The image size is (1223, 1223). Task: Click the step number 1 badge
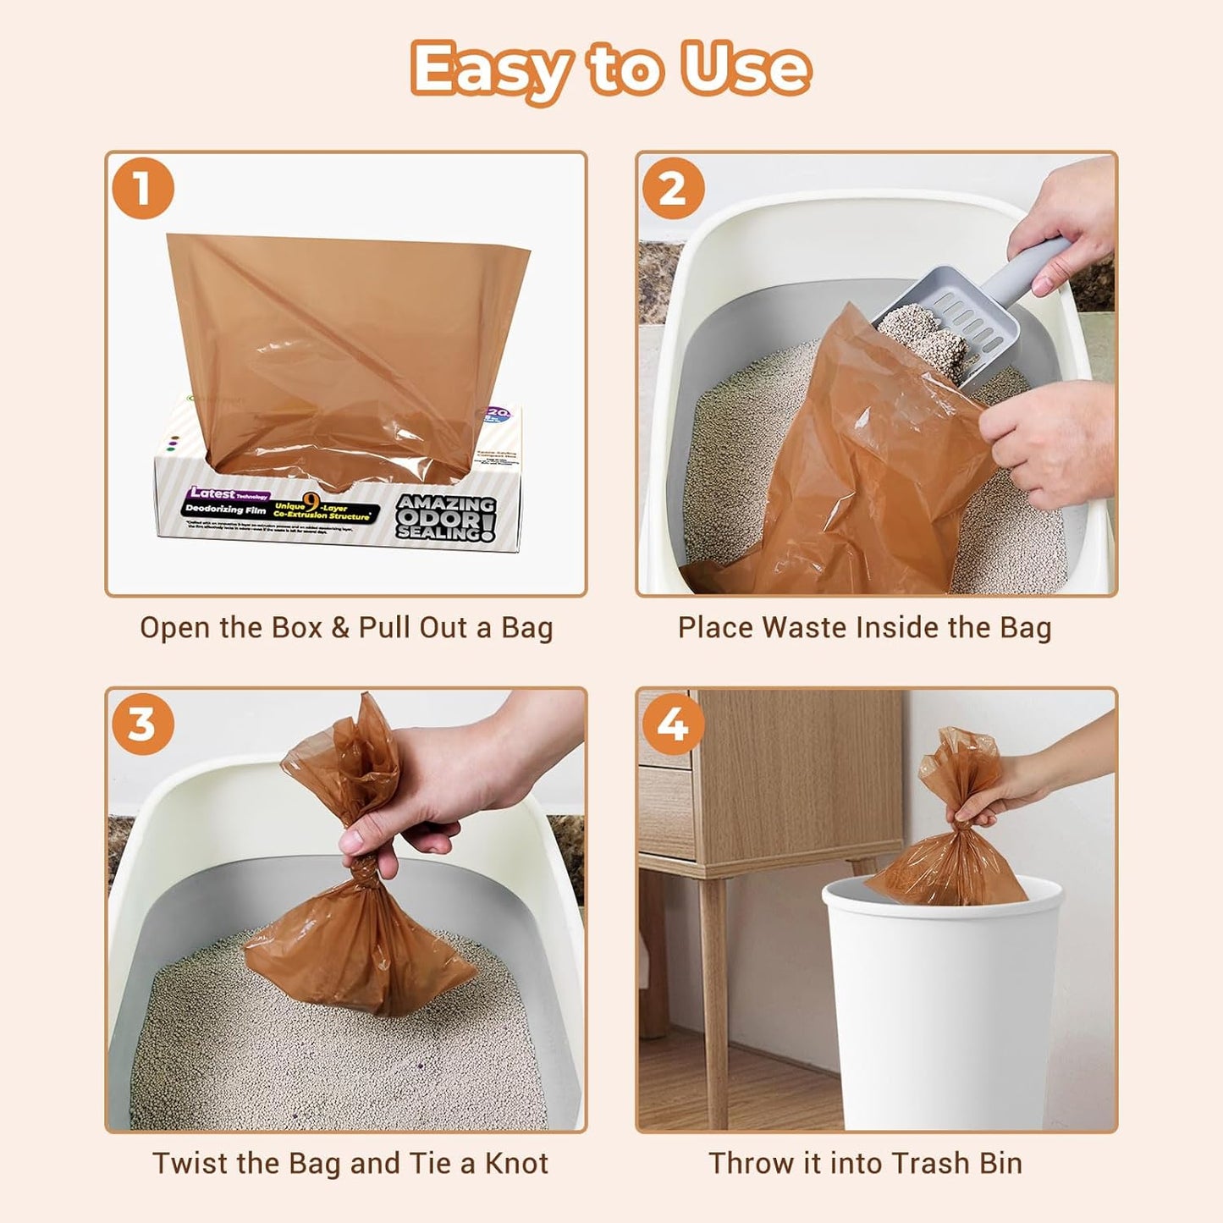142,188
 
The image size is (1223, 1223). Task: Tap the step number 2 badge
673,188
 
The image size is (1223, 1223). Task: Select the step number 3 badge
142,724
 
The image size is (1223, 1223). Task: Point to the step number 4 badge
673,724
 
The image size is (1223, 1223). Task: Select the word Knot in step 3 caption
516,1163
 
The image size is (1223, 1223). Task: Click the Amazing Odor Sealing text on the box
445,516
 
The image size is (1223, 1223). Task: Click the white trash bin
939,1007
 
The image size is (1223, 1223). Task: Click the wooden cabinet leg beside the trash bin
713,999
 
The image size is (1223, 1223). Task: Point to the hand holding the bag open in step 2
1049,440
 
